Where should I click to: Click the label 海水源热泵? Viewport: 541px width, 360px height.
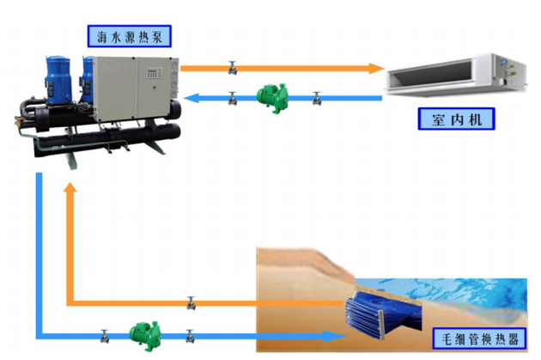click(131, 36)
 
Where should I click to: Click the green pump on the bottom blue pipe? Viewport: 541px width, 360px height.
click(142, 332)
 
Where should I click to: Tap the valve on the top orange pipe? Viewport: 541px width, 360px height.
click(232, 66)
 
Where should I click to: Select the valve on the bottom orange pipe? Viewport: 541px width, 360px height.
click(191, 302)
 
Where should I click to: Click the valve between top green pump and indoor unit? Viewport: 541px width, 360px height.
click(316, 97)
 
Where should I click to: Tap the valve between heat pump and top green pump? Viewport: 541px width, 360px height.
click(232, 97)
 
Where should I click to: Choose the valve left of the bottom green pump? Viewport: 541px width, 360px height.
click(104, 334)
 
